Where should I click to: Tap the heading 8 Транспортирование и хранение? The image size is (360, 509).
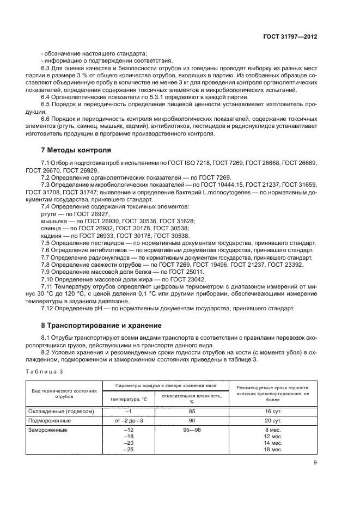(101, 326)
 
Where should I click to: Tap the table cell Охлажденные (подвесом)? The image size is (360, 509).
(65, 412)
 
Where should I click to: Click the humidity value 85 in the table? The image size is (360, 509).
(192, 412)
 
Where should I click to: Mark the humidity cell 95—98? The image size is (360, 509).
(192, 430)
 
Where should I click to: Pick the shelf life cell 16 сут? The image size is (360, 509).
(272, 412)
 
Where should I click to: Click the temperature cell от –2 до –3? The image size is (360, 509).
(129, 421)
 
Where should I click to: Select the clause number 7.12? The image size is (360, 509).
(48, 309)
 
